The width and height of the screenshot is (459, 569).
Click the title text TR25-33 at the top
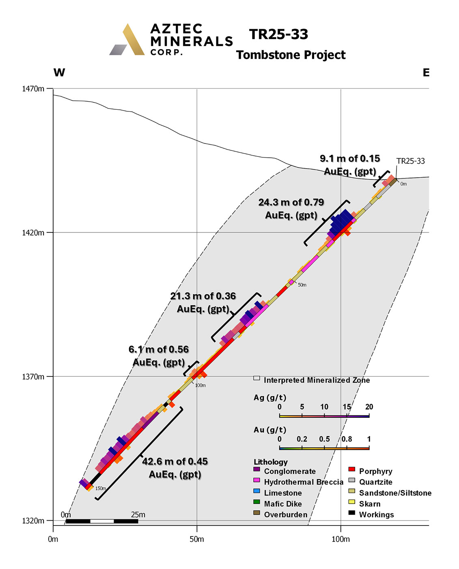click(x=279, y=35)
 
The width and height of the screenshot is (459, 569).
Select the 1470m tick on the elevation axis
click(x=33, y=89)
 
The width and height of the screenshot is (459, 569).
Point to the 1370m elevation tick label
click(x=33, y=377)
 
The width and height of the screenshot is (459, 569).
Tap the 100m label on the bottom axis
click(x=340, y=539)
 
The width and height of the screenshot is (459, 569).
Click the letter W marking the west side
click(x=59, y=73)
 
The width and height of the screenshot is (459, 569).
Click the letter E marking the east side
click(x=426, y=73)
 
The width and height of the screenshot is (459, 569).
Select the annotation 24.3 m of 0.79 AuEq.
click(x=291, y=208)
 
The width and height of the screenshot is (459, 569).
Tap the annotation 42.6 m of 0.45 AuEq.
click(x=175, y=468)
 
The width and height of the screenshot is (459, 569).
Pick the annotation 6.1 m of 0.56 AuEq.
click(x=159, y=356)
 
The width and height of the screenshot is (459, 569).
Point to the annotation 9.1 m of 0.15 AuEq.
click(x=350, y=165)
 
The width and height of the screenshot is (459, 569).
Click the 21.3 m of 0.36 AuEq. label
click(x=203, y=302)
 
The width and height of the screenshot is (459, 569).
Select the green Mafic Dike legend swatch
click(x=256, y=502)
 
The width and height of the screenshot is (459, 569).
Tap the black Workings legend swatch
click(x=352, y=513)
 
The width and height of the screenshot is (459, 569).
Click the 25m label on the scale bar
click(x=138, y=515)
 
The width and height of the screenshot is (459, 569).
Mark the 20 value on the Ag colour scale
click(x=369, y=407)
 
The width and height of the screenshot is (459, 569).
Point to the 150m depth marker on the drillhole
click(x=100, y=489)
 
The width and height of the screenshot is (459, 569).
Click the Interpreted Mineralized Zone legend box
click(x=256, y=378)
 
